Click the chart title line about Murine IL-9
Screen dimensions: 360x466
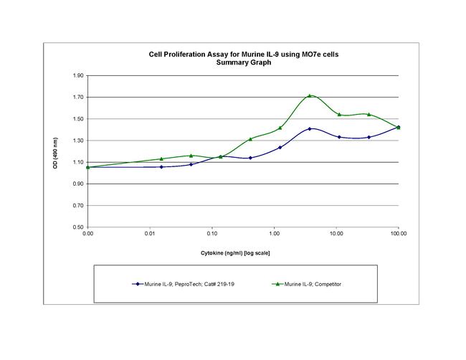[243, 55]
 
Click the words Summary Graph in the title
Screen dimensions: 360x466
[243, 62]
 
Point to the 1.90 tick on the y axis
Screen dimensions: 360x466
[78, 75]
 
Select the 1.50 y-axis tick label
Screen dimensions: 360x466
[78, 119]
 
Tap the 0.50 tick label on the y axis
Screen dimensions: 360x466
[78, 227]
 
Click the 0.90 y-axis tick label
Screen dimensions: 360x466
[78, 184]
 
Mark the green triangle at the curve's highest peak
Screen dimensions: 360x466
[310, 95]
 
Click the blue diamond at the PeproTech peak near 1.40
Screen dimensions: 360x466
[310, 129]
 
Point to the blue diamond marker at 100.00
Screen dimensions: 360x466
[399, 127]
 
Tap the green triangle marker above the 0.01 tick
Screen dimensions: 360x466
[161, 158]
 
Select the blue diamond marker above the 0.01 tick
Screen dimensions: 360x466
[161, 166]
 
